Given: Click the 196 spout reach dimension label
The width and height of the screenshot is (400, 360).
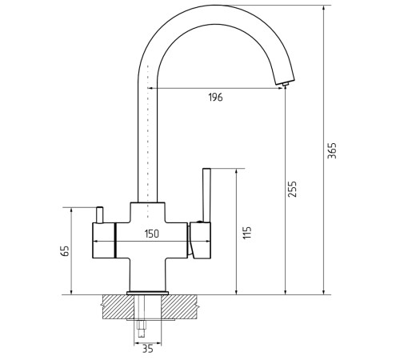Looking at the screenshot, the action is [x=215, y=98].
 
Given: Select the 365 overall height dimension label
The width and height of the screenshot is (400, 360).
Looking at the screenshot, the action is [x=332, y=151].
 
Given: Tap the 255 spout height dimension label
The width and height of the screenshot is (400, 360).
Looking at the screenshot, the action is [x=292, y=189].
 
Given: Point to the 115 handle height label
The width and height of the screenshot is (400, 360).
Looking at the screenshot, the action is [x=247, y=233].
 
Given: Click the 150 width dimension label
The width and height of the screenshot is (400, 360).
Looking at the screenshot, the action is [x=152, y=234].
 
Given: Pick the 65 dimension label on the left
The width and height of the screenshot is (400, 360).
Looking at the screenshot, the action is [x=65, y=250].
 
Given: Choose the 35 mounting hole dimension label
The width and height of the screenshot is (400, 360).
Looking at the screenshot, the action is [x=148, y=349].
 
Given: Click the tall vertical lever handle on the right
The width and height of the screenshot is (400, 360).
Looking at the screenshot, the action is [x=206, y=195].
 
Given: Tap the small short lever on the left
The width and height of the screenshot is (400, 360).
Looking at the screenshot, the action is [x=99, y=214].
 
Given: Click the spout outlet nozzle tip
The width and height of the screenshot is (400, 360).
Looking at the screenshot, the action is [x=286, y=85].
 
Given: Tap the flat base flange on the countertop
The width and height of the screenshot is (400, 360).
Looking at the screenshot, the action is [x=147, y=293].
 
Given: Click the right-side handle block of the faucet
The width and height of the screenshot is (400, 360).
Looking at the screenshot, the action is [x=200, y=240].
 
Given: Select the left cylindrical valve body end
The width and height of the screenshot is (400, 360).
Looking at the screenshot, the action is [x=104, y=240].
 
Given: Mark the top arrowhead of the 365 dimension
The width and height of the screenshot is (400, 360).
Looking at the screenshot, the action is [x=324, y=8].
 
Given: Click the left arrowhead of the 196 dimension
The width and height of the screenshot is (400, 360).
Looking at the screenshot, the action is [x=150, y=88].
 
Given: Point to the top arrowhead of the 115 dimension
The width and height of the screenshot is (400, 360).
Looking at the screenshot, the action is [x=236, y=171].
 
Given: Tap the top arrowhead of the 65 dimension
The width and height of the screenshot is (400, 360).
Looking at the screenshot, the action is [x=71, y=210].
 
